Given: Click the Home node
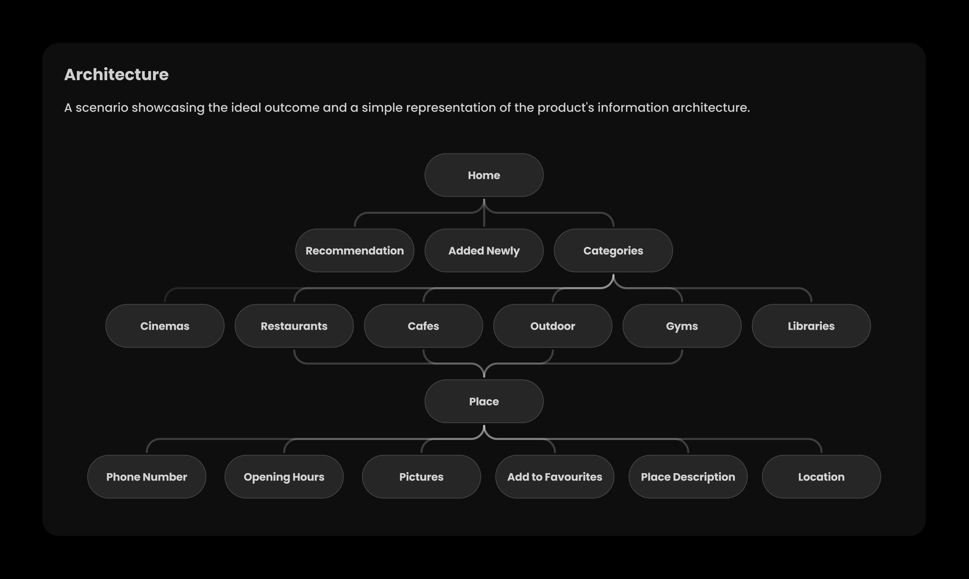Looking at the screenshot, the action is pos(484,175).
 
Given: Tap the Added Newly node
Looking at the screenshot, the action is pos(484,250).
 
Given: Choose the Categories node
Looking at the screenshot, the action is pos(613,250).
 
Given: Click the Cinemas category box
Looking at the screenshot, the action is pos(165,326).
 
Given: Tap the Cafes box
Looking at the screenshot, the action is pos(423,326).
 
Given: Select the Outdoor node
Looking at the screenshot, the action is pos(553,326).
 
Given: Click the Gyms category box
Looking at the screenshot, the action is pos(682,326).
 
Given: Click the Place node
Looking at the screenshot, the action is pos(484,401).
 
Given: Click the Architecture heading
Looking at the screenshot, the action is pos(116,75).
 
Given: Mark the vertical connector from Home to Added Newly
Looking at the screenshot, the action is pos(484,213).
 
